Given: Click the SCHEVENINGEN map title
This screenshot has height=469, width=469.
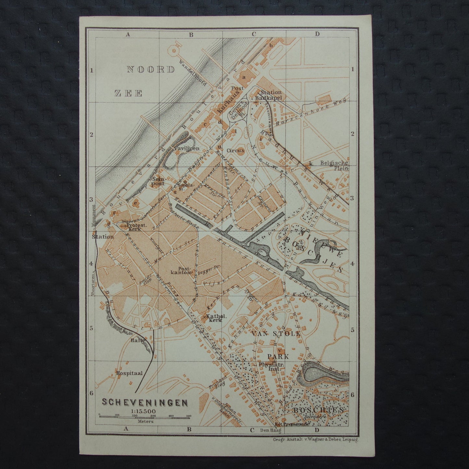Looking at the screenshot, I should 145,402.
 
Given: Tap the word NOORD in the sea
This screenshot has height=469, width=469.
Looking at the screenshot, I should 151,69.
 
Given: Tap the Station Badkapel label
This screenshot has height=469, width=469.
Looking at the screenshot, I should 270,94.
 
